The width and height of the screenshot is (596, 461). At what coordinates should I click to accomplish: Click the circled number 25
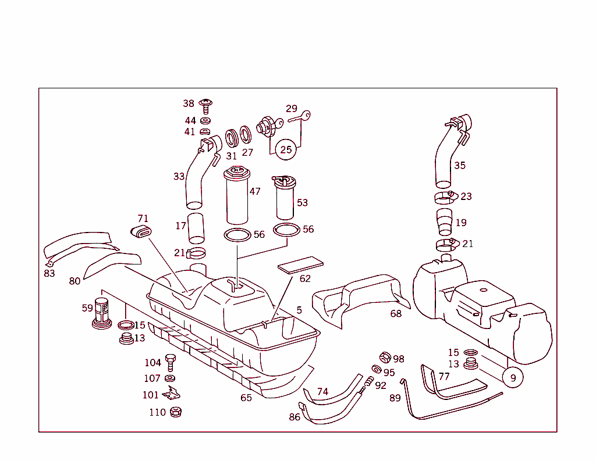coord(286,149)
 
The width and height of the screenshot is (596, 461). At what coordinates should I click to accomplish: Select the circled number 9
coord(513,377)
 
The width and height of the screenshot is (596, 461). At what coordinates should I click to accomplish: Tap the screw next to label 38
coord(206,105)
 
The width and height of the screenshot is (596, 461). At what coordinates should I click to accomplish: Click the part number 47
coord(255,191)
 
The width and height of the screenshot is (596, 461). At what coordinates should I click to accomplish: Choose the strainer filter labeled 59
coord(102,313)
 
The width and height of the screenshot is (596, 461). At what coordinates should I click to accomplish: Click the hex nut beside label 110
coord(175,412)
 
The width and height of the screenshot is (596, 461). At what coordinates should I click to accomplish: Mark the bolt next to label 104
coord(171,362)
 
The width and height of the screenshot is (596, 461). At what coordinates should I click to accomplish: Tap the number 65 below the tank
coord(246,398)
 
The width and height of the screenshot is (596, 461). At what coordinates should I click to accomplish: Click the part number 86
coord(295,416)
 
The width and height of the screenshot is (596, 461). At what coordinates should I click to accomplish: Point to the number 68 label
coord(396,314)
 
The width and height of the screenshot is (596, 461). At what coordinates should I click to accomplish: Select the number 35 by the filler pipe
coord(460,165)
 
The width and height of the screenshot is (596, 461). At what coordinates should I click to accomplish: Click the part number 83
coord(49,273)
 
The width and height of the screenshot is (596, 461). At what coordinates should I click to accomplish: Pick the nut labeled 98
coord(385,358)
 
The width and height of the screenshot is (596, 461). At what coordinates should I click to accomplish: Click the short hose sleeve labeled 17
coord(196,228)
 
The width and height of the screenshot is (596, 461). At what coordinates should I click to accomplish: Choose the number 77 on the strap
coord(444,376)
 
